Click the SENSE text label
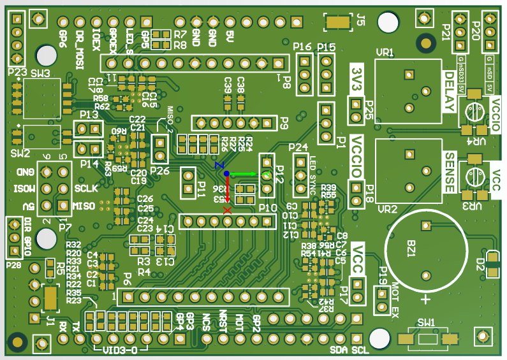(450, 172)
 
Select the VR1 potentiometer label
(385, 52)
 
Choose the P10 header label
(268, 208)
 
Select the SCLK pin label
(85, 189)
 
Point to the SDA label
(339, 350)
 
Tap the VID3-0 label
(121, 349)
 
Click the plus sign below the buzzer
(424, 299)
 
